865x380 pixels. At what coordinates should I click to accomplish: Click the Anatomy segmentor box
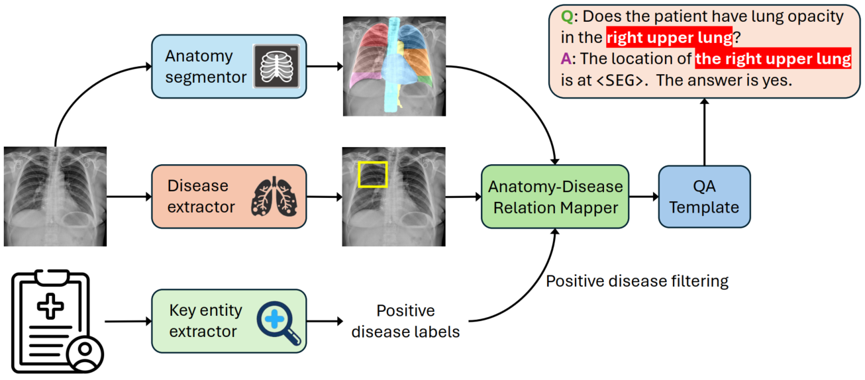point(229,68)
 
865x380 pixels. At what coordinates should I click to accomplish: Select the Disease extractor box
point(229,197)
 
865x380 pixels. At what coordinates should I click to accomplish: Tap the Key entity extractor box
point(229,320)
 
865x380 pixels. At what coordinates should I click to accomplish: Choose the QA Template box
point(704,197)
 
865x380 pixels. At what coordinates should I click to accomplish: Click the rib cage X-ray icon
point(277,68)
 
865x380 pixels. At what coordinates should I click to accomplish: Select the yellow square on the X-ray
point(372,174)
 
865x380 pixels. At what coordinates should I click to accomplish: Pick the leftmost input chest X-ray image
point(55,197)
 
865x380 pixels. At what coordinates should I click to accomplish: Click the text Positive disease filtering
point(636,281)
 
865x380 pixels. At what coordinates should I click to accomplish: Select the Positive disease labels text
point(405,321)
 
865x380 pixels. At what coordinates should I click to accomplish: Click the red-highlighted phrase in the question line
point(669,37)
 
